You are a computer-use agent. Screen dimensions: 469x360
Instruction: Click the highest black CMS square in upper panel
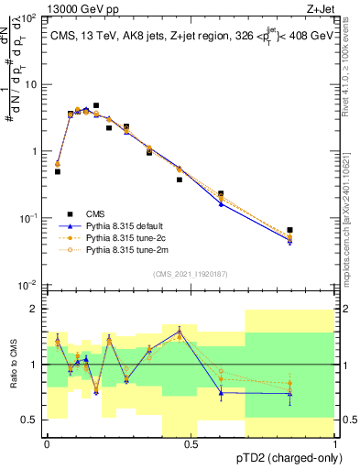(96, 106)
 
